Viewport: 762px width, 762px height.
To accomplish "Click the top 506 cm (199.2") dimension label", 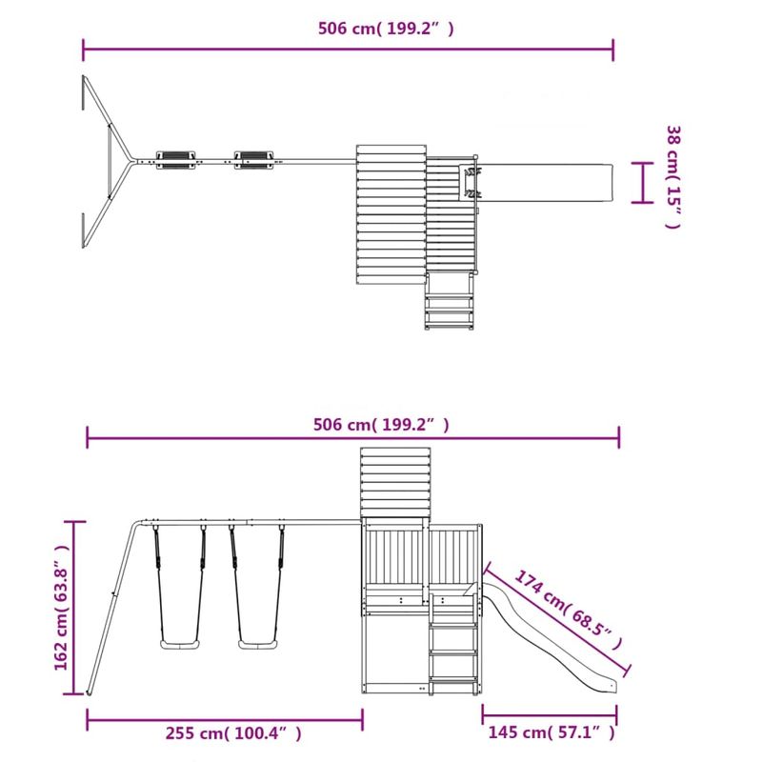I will tap(385, 29).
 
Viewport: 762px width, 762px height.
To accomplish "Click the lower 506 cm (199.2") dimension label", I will tap(381, 425).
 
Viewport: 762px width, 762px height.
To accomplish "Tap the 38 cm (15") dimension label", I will tap(672, 177).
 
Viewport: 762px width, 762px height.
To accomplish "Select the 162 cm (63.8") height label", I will tap(62, 607).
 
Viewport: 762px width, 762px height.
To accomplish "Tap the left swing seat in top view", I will tap(175, 159).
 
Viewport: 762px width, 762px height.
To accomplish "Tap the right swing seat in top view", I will tap(252, 159).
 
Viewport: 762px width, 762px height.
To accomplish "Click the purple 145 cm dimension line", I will tap(550, 712).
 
